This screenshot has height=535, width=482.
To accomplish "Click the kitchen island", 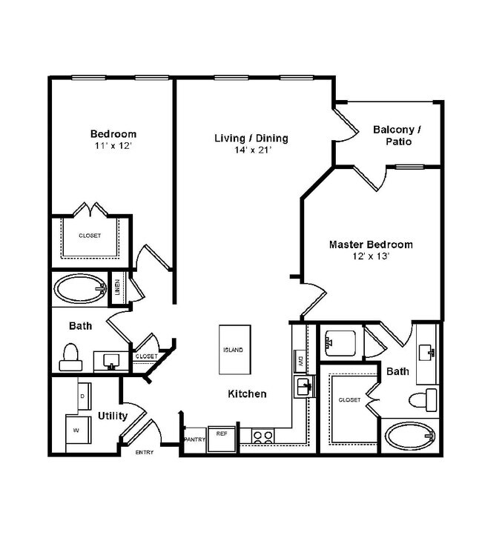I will [x=232, y=350].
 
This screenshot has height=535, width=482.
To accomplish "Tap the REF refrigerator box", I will [x=221, y=435].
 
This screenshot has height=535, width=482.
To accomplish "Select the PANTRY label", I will [x=194, y=439].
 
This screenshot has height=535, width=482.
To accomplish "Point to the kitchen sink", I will [x=303, y=386].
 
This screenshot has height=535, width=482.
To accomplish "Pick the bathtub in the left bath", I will [x=80, y=290].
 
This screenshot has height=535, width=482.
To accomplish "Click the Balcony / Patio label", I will [x=397, y=135].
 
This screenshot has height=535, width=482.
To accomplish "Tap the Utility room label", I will [x=112, y=416].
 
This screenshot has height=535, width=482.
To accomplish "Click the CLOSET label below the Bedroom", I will [x=90, y=236].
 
